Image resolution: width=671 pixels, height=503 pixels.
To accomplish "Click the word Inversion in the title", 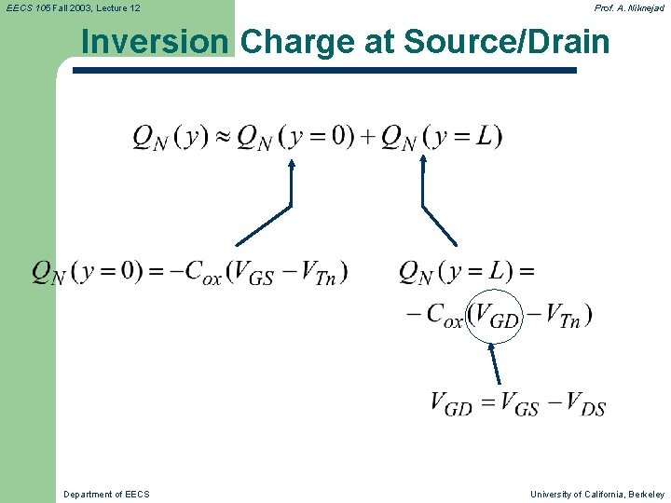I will (x=154, y=42).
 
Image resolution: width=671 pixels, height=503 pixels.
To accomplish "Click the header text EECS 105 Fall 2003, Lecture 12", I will (x=73, y=8).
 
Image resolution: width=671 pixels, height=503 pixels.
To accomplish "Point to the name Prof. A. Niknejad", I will (x=629, y=8).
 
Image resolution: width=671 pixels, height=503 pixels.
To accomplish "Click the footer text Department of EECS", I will (x=106, y=494).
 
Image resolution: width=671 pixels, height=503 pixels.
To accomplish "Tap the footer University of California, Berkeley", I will (x=597, y=494).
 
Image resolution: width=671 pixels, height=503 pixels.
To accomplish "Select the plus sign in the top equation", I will (x=367, y=137).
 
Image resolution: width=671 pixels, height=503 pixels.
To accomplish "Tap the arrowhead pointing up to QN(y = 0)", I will (x=291, y=165).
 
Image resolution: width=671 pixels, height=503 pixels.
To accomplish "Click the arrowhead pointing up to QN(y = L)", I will (x=423, y=160).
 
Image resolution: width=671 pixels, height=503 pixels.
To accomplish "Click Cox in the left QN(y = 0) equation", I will (x=203, y=273).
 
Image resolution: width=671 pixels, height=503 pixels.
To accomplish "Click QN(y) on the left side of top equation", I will (x=170, y=137).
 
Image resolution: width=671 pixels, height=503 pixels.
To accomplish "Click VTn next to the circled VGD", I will (x=564, y=316).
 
